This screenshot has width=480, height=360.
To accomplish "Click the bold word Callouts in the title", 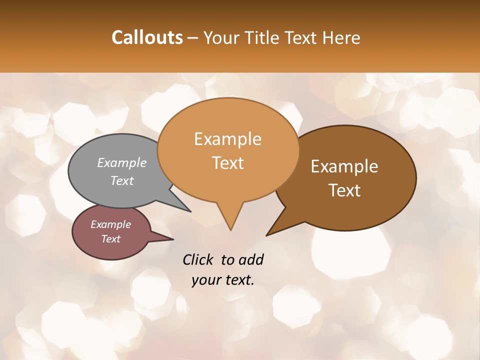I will click(x=147, y=37).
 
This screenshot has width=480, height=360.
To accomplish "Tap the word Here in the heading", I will click(x=341, y=37).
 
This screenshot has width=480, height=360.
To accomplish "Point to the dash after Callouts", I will click(x=193, y=38).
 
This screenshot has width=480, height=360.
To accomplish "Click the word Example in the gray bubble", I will click(x=122, y=162).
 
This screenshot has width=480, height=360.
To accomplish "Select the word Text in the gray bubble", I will click(x=122, y=180).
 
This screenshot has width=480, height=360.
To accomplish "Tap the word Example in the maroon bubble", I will click(x=110, y=224).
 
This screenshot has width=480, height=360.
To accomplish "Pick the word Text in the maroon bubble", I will click(x=110, y=239).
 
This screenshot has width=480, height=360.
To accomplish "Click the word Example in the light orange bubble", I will click(x=227, y=139).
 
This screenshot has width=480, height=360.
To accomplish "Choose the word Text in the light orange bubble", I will click(x=227, y=163).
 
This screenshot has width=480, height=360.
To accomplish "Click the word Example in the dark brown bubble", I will click(x=344, y=166).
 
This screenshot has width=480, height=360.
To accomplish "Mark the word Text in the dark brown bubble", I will click(x=344, y=190).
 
